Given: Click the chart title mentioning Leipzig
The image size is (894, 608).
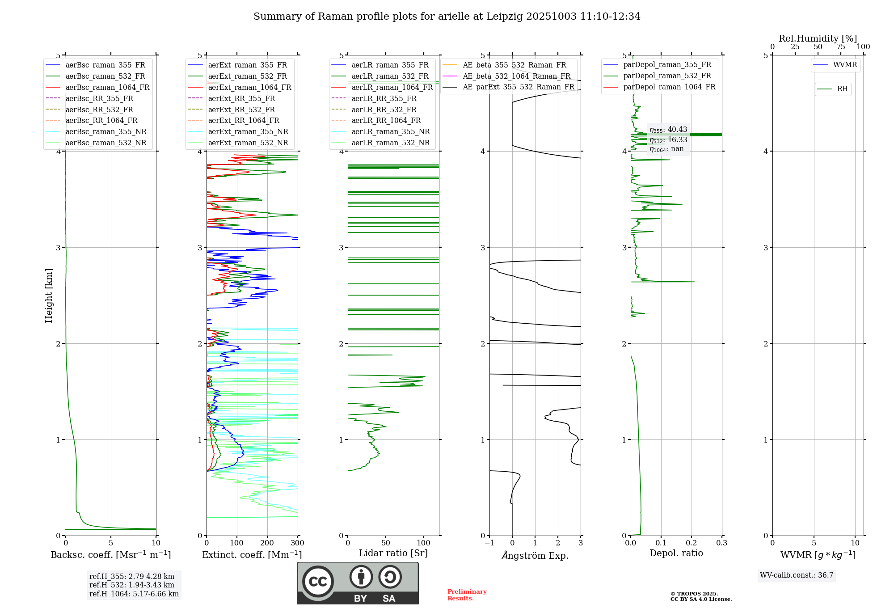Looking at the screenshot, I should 447,17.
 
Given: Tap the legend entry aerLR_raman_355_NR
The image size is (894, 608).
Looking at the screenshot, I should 390,131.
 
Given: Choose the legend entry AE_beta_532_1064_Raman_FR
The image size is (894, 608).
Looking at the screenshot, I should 516,76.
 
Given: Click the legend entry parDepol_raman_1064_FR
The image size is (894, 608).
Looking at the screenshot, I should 669,87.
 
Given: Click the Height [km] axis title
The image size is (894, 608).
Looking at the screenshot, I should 49,296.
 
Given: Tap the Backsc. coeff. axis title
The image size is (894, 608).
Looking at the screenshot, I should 110,555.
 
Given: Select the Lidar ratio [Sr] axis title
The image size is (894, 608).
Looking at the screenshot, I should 393,553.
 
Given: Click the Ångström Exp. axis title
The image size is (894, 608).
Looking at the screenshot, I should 535,556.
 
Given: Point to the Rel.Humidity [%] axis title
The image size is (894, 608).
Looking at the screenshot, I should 818,38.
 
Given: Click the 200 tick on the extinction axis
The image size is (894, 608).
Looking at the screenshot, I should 267,543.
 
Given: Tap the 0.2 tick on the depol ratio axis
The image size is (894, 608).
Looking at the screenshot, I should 691,543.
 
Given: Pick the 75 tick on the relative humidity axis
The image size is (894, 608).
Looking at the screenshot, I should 840,47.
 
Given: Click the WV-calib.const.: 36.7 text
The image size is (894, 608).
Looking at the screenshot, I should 797,575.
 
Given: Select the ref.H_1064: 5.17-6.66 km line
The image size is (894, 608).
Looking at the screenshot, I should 134,594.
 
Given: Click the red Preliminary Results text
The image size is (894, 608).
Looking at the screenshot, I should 467,595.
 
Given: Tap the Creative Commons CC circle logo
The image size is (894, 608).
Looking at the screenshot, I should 318,582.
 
